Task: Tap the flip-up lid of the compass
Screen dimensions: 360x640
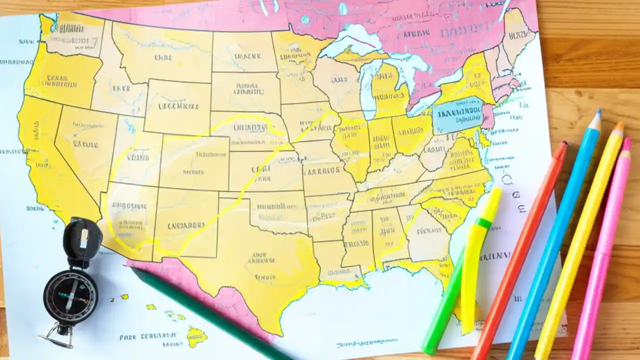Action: click(82, 238)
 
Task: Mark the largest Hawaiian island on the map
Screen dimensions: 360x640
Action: click(196, 336)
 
